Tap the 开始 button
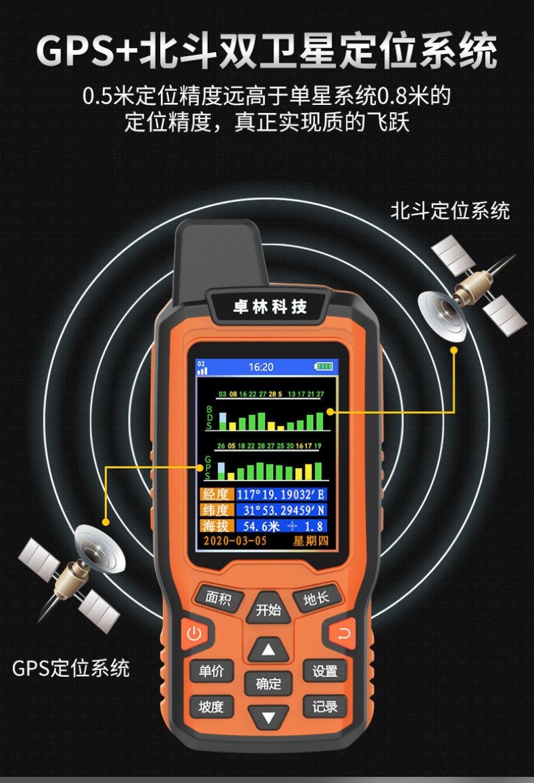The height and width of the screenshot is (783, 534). click(x=268, y=609)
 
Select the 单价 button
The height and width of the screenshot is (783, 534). click(x=212, y=670)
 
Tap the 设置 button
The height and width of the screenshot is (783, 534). click(x=325, y=671)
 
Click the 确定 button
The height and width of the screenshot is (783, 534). click(x=268, y=683)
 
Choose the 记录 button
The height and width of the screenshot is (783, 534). click(x=325, y=707)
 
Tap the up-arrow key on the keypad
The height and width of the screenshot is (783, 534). click(x=268, y=649)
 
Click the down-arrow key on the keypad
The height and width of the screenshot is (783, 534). click(x=268, y=718)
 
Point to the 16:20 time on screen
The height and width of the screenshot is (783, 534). click(x=260, y=367)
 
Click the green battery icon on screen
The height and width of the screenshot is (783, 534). click(x=323, y=366)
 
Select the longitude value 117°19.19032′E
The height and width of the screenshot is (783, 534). click(x=280, y=494)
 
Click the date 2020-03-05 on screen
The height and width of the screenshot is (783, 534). click(x=235, y=540)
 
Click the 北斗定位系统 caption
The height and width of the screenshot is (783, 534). click(x=450, y=210)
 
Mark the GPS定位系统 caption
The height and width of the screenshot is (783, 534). click(x=71, y=668)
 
